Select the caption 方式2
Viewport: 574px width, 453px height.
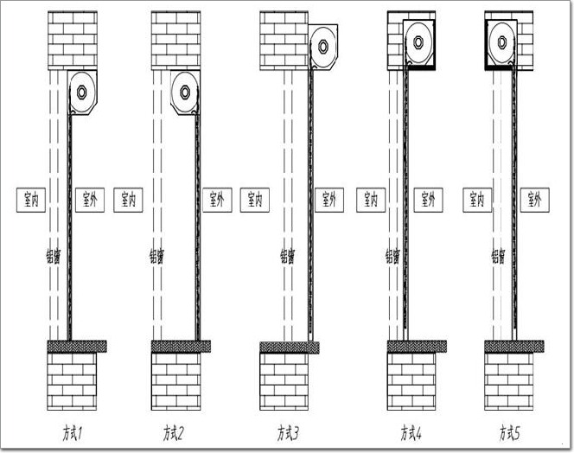pos(175,430)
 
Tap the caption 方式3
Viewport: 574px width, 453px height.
pos(288,430)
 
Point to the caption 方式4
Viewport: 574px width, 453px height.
pos(411,430)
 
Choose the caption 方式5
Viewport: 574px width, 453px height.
pos(509,430)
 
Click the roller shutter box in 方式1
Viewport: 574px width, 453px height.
pos(83,92)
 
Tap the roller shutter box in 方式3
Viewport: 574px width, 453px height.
pos(322,46)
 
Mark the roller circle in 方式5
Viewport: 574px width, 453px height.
pos(501,41)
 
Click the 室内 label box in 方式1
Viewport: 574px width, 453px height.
pos(31,200)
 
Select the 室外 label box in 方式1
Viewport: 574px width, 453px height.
pos(89,200)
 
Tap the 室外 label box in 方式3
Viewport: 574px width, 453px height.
pos(328,200)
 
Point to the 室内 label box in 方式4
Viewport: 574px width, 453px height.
pos(370,200)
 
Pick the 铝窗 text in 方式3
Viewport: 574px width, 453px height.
pos(285,256)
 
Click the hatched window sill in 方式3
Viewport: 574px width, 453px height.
pos(290,347)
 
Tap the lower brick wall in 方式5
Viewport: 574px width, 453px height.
pos(508,380)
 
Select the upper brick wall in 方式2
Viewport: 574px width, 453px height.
pos(175,40)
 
